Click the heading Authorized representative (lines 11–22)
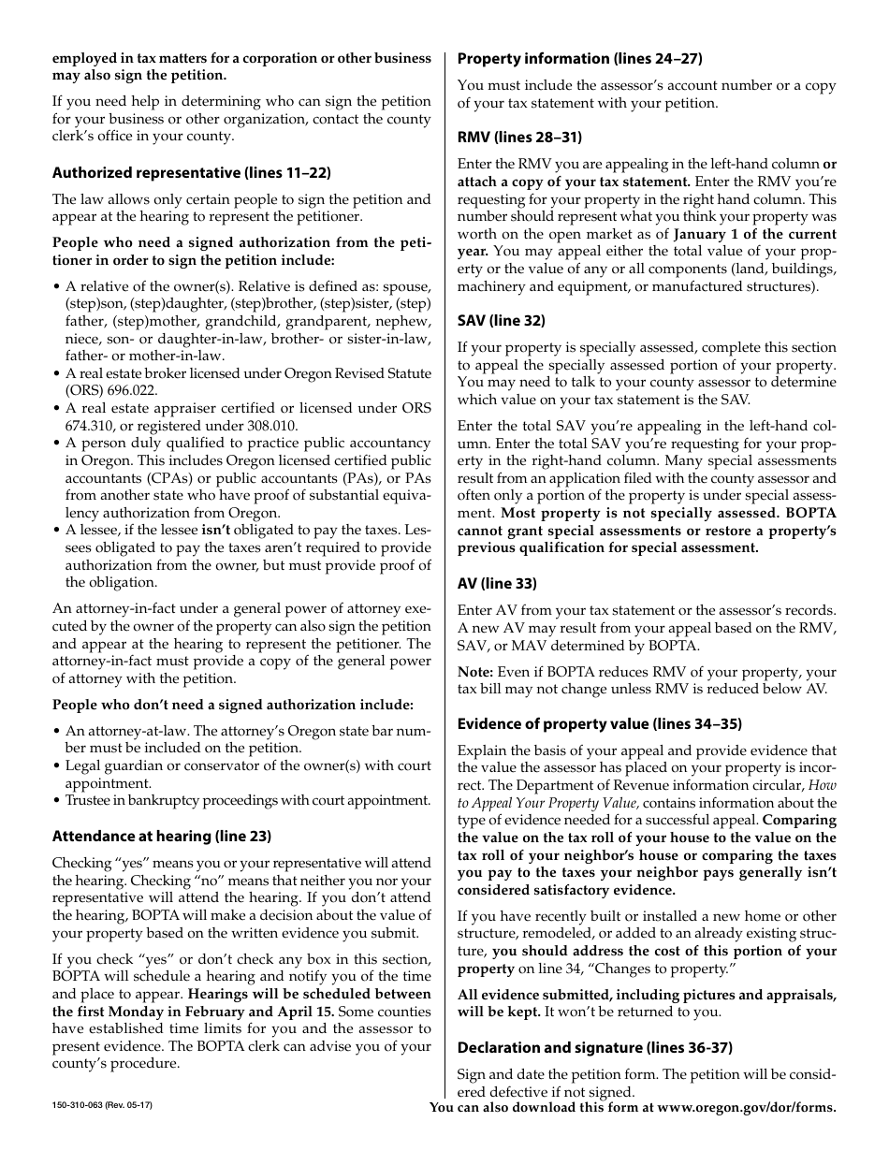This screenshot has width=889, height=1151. pyautogui.click(x=192, y=172)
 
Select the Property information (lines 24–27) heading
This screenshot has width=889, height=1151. pyautogui.click(x=579, y=58)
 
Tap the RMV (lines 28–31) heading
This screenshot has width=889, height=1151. pyautogui.click(x=519, y=138)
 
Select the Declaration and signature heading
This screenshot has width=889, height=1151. pyautogui.click(x=594, y=1047)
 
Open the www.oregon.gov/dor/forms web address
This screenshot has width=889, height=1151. pyautogui.click(x=746, y=1108)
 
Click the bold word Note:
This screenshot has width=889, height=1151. pyautogui.click(x=475, y=672)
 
